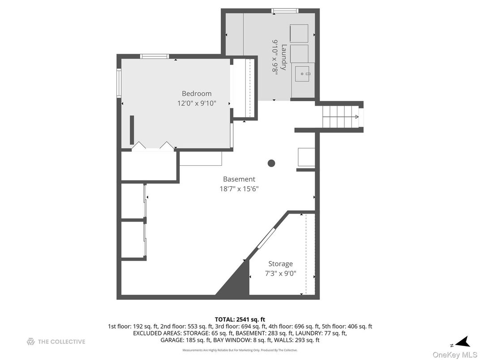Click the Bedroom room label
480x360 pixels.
tap(196, 94)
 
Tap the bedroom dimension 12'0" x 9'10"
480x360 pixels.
tap(197, 103)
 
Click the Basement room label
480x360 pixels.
tap(239, 179)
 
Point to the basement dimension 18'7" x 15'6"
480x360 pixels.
tap(239, 189)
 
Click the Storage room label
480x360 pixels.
tap(280, 264)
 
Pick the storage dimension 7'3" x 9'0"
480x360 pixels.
tap(280, 274)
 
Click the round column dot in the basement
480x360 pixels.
tap(271, 163)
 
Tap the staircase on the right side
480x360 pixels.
tap(340, 117)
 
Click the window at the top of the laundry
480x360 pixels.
tap(285, 10)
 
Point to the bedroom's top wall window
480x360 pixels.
tap(154, 56)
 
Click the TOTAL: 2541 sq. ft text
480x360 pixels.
tap(240, 319)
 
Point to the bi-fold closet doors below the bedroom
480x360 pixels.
tap(152, 146)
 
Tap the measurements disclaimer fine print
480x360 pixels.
tap(240, 350)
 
